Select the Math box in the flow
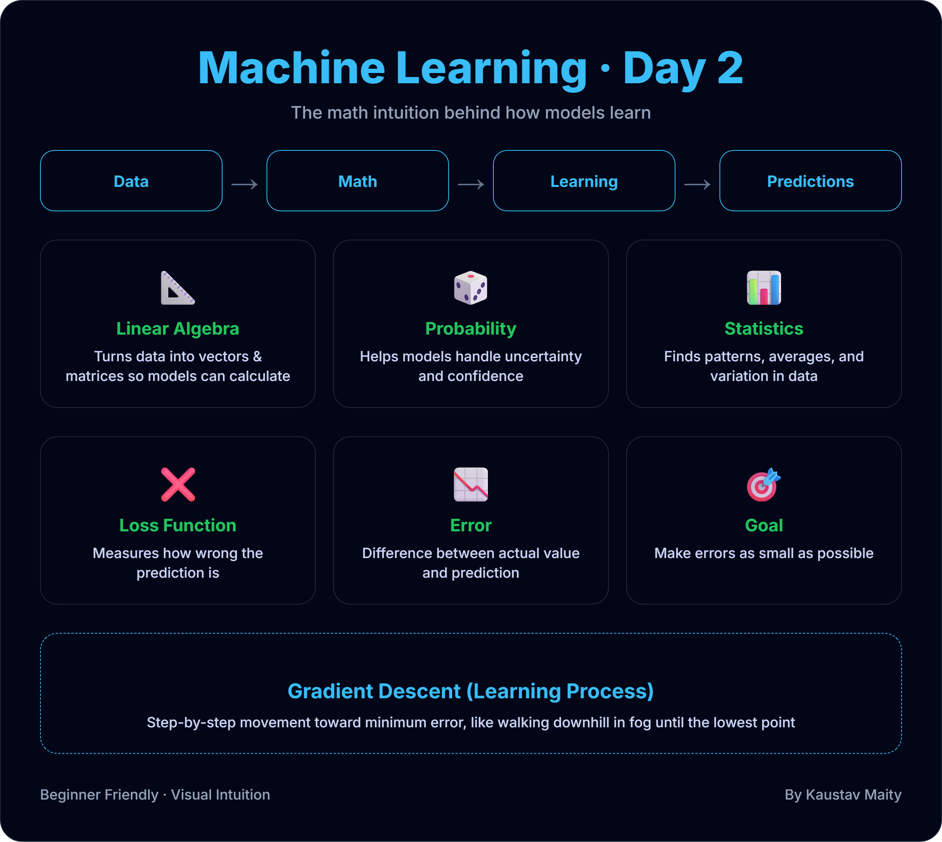pos(358,181)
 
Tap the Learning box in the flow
pos(584,181)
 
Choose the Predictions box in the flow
pos(810,181)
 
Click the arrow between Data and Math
pos(244,185)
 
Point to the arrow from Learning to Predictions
pos(697,185)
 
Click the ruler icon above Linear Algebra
pos(177,288)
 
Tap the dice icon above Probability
pos(470,288)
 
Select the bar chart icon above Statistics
pos(763,288)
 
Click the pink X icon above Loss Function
pos(177,484)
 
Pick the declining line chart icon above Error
pos(470,484)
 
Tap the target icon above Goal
pos(763,484)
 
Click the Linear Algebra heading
pos(177,328)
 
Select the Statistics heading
pos(763,328)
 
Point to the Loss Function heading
pos(177,525)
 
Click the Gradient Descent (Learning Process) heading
pos(470,691)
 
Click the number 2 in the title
pos(730,68)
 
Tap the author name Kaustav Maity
pos(853,794)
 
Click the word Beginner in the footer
pos(69,794)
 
